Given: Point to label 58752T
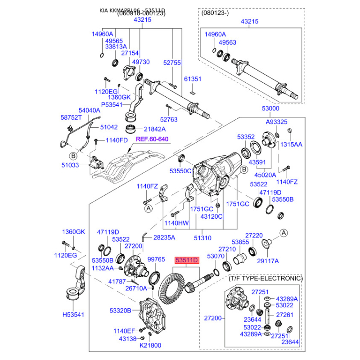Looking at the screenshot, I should tap(71, 117).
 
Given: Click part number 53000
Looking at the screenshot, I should tap(271, 109).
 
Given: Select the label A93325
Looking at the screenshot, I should tap(276, 122).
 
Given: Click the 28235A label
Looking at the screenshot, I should tap(164, 237).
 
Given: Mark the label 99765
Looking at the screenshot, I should tap(156, 260).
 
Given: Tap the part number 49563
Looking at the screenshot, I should tap(227, 43).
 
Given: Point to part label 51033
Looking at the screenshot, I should tap(70, 165).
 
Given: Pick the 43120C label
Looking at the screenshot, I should tap(212, 216).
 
